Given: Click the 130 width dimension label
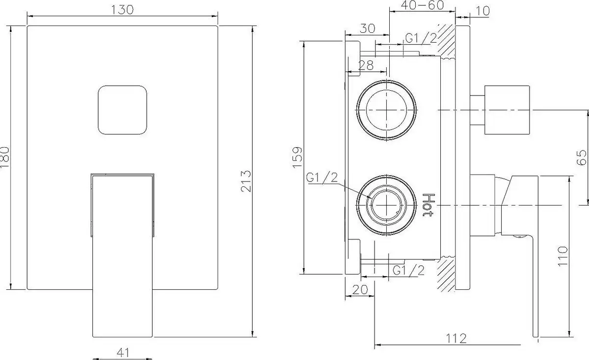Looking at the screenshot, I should (123, 9).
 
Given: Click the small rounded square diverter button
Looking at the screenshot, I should (123, 110).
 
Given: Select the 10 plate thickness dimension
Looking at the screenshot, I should (482, 10).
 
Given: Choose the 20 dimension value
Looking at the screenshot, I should (361, 289).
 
